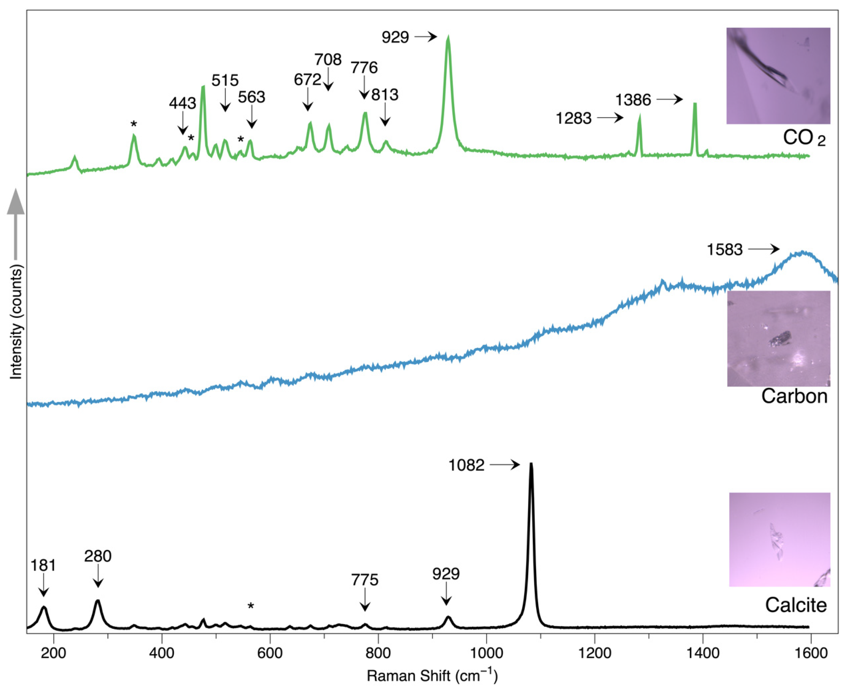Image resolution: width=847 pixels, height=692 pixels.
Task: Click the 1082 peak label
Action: click(x=466, y=465)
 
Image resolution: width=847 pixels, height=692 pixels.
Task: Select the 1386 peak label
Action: click(x=633, y=100)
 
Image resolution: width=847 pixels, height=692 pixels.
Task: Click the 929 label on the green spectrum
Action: click(x=395, y=37)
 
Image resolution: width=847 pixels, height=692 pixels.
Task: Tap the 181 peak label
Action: click(x=43, y=565)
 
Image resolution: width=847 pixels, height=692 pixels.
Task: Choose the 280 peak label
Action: click(x=98, y=556)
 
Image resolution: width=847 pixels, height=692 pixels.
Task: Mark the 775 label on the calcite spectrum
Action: click(x=365, y=580)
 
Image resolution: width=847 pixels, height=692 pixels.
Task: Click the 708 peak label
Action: click(x=328, y=60)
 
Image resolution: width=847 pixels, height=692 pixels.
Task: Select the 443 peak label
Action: click(x=182, y=104)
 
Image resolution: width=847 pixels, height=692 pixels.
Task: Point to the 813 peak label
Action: click(x=385, y=95)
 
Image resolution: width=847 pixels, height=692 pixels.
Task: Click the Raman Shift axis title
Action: click(x=432, y=676)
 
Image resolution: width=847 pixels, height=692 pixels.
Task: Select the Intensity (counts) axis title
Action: click(x=16, y=323)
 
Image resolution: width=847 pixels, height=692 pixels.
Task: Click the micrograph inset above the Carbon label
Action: click(x=778, y=338)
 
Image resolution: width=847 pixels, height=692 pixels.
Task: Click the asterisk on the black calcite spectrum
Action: click(x=251, y=606)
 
